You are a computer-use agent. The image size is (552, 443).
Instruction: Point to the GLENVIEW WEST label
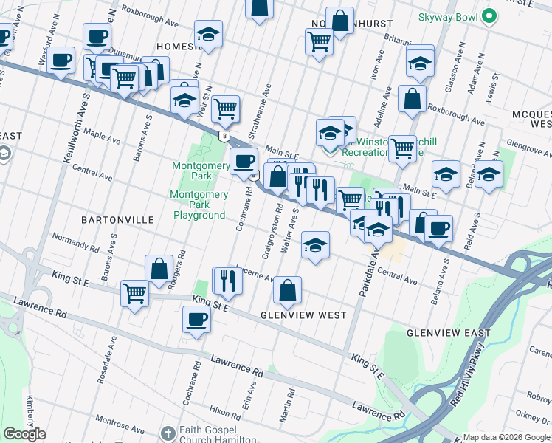pos(303,315)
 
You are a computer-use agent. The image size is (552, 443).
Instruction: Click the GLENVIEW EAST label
pos(448,334)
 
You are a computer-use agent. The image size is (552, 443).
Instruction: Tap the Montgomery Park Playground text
pos(199,205)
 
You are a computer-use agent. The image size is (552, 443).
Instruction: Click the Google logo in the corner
pos(24,434)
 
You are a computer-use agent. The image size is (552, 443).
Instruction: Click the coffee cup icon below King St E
pos(197,320)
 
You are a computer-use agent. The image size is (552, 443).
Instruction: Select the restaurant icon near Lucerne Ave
pos(227,280)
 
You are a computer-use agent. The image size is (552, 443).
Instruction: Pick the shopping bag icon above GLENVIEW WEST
pos(288,290)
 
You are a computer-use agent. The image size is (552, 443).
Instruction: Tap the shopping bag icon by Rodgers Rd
pos(159,269)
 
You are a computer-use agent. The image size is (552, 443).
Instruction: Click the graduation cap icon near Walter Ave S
pos(315,246)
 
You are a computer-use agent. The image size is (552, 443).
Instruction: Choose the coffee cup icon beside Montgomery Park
pos(244,161)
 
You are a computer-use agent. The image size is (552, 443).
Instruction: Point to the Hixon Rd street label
pos(224,411)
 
